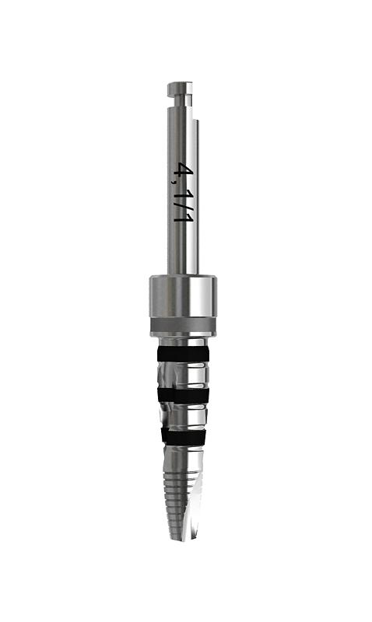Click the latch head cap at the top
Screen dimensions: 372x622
[x=180, y=89]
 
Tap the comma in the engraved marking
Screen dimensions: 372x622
[x=174, y=182]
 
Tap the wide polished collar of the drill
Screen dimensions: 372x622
[x=183, y=296]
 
